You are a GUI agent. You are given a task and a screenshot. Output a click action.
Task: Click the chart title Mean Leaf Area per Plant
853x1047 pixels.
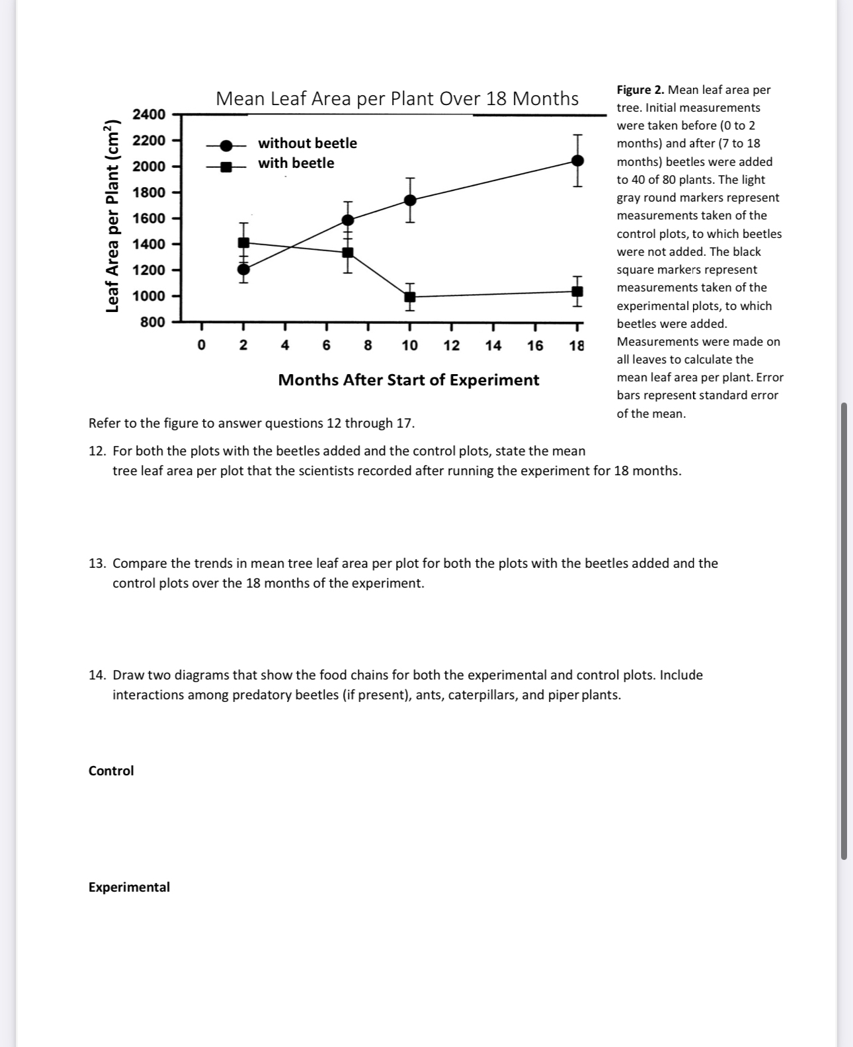coord(397,98)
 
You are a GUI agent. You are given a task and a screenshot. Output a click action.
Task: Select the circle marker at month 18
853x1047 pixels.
coord(577,161)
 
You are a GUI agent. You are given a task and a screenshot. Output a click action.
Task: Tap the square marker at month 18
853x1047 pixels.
coord(577,291)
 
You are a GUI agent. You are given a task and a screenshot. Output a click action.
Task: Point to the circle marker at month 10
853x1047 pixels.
coord(410,200)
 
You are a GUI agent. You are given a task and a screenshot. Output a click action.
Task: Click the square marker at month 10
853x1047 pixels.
coord(410,297)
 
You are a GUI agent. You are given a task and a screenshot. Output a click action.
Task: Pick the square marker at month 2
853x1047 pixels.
coord(243,243)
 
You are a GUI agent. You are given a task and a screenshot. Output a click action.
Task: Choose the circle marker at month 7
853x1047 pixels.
coord(348,219)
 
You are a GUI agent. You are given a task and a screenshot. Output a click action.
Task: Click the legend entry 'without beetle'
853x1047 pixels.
coord(307,143)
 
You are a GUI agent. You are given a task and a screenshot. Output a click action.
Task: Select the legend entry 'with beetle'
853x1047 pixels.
coord(296,163)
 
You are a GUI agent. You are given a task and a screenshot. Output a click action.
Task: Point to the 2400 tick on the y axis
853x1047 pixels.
coord(149,114)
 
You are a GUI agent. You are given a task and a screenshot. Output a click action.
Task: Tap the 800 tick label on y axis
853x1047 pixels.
coord(152,322)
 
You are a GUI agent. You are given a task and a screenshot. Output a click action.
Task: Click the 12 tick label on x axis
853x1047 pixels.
coord(452,346)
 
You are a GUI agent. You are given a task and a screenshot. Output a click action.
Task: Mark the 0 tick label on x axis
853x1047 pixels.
coord(202,346)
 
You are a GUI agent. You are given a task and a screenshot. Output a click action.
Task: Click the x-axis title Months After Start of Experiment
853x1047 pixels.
coord(408,380)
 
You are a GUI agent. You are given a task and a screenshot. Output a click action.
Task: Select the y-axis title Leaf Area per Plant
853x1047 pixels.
coord(113,216)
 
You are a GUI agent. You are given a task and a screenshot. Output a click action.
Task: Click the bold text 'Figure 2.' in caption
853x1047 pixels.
coord(640,90)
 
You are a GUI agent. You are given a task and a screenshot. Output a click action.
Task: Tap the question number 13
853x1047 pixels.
coord(97,563)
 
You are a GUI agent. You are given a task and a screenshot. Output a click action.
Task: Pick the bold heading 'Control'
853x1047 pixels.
coord(111,771)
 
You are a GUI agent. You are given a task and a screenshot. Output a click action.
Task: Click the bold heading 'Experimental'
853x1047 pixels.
coord(129,887)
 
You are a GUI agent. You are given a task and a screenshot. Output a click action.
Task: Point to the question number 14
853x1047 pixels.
coord(97,675)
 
